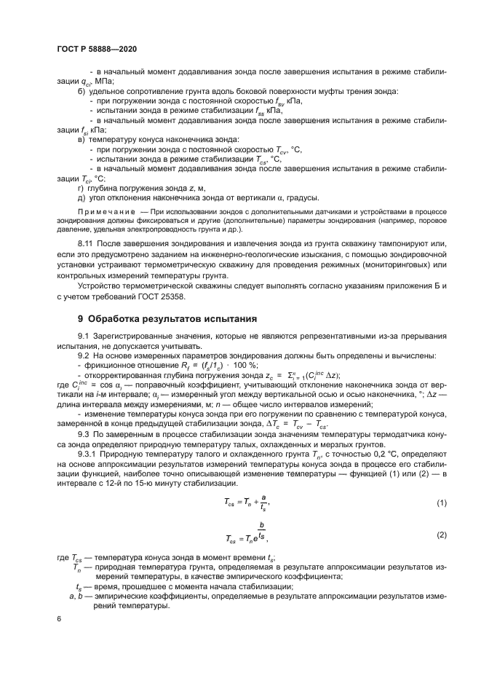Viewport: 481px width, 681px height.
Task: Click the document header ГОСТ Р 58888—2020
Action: coord(96,48)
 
